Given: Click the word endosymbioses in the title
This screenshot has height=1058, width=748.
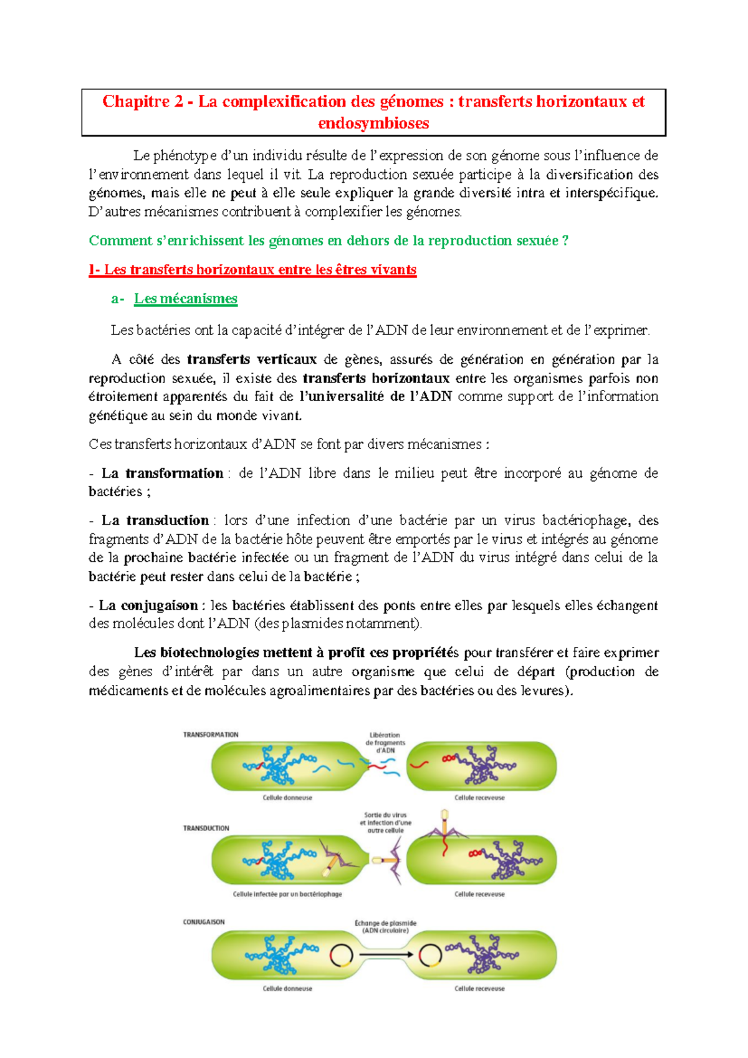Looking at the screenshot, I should pyautogui.click(x=373, y=124).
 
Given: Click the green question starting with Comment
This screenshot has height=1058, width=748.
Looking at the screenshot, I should pyautogui.click(x=328, y=241).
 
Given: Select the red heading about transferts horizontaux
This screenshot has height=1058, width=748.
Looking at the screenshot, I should pyautogui.click(x=252, y=270).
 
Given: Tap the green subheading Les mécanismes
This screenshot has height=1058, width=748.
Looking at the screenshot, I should pyautogui.click(x=186, y=299).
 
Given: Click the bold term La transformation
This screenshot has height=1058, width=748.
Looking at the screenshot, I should pyautogui.click(x=162, y=473).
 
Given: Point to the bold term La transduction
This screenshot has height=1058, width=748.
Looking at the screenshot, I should pyautogui.click(x=155, y=520).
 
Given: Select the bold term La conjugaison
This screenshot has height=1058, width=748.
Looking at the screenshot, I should pyautogui.click(x=148, y=605).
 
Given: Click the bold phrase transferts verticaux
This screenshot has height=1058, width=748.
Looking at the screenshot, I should pyautogui.click(x=252, y=359).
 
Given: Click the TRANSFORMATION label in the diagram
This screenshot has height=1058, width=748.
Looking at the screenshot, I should pyautogui.click(x=211, y=735).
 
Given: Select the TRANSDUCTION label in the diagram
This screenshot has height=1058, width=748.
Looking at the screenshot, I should pyautogui.click(x=206, y=828).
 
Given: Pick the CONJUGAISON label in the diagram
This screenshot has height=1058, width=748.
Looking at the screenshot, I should pyautogui.click(x=204, y=922).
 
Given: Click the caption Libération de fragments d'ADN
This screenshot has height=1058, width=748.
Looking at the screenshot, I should pyautogui.click(x=385, y=742).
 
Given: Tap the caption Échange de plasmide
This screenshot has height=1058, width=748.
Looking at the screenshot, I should pyautogui.click(x=385, y=926).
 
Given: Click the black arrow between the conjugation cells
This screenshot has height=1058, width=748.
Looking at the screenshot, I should pyautogui.click(x=386, y=954).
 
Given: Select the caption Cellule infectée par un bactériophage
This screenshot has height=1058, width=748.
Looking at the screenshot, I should pyautogui.click(x=287, y=894).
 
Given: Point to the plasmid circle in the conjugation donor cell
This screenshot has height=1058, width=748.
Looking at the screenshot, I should pyautogui.click(x=341, y=954).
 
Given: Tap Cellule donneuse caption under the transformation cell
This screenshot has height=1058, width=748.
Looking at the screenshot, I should pyautogui.click(x=287, y=798).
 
